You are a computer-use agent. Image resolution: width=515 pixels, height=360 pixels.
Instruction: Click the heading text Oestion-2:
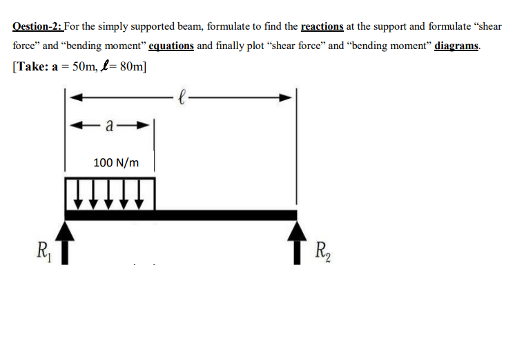[38, 26]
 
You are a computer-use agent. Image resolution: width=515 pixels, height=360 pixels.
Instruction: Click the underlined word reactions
[322, 26]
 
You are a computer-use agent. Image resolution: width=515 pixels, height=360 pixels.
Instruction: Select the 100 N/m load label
[116, 163]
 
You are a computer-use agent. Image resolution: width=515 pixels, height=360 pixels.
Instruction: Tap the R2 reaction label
[322, 249]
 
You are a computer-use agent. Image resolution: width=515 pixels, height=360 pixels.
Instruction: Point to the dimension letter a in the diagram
[110, 126]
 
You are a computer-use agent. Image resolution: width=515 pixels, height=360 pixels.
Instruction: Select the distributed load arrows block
[110, 193]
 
